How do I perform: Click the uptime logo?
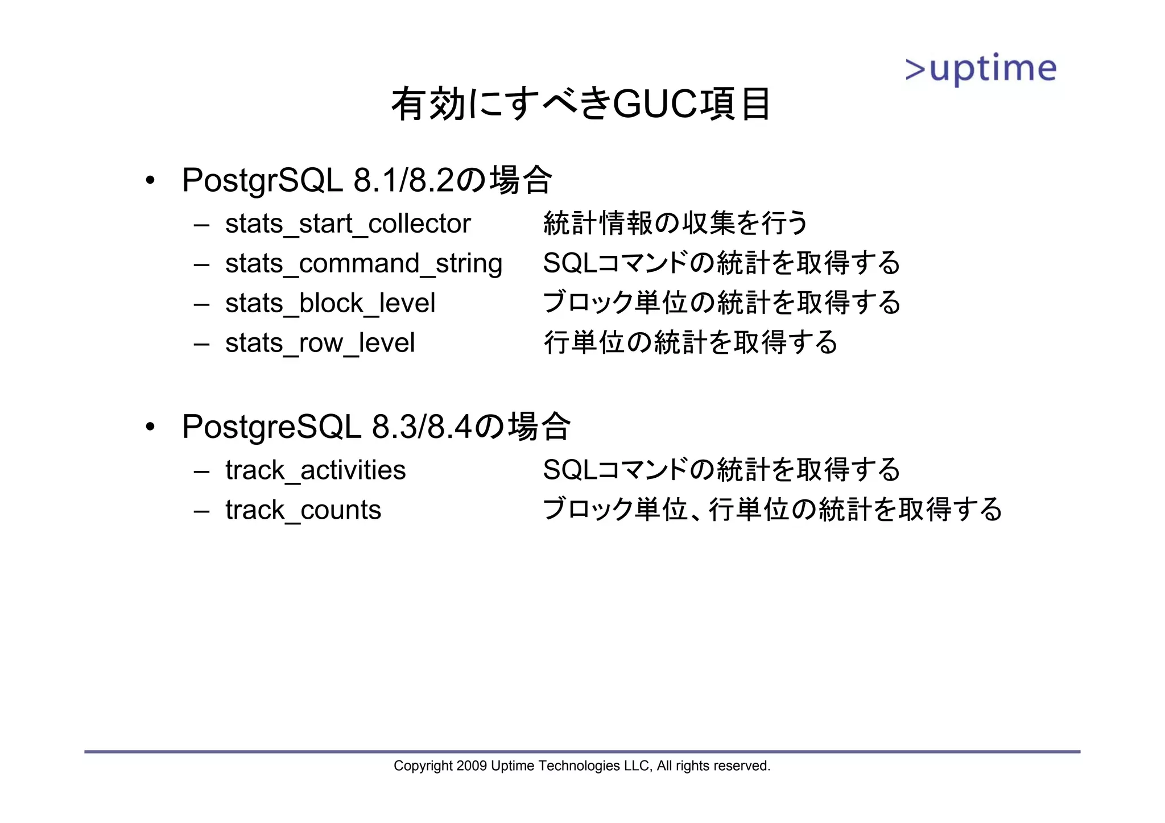(x=981, y=69)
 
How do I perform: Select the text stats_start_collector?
(x=348, y=224)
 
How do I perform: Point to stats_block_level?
(x=330, y=303)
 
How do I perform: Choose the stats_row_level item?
(x=320, y=343)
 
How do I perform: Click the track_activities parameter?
(x=315, y=470)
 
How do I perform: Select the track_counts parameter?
(x=303, y=510)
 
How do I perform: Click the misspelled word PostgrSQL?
(x=262, y=181)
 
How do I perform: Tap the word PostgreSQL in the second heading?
(x=271, y=427)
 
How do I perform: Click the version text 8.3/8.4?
(x=422, y=427)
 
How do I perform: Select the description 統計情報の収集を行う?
(x=675, y=223)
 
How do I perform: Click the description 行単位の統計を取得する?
(x=691, y=342)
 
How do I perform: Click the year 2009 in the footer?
(x=471, y=766)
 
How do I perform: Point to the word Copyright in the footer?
(x=423, y=766)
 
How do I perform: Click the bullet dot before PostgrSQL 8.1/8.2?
(x=150, y=181)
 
